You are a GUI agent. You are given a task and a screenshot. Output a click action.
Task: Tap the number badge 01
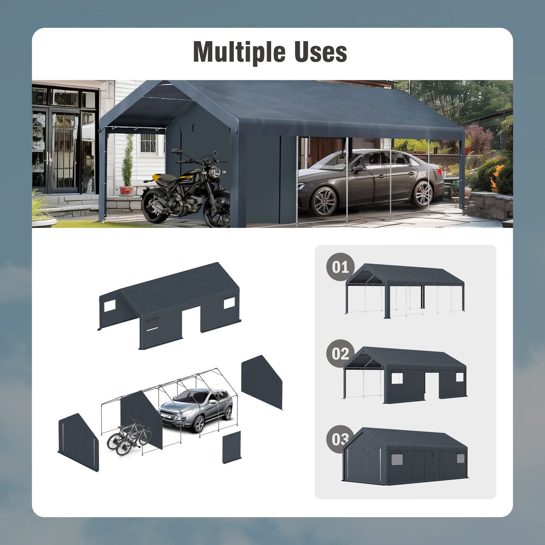(x=340, y=267)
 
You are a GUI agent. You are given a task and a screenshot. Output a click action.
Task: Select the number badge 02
(x=340, y=353)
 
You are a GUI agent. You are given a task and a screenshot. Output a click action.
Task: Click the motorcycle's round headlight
(x=215, y=173)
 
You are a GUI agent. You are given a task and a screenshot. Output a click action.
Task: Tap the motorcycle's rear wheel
(x=155, y=206)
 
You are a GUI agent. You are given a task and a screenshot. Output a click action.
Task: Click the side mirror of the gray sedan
(x=358, y=168)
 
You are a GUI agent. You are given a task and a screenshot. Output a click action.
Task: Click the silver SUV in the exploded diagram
(x=196, y=409)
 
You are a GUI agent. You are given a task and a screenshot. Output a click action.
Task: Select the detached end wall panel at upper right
(x=262, y=381)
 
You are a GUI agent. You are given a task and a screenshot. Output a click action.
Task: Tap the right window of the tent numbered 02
(x=459, y=377)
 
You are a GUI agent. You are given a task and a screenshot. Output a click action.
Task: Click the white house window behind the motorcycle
(x=148, y=144)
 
